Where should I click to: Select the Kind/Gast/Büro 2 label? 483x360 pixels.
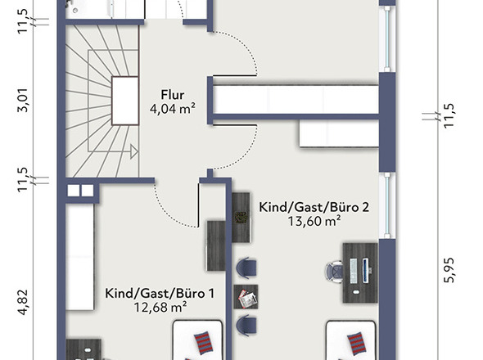[x=313, y=207]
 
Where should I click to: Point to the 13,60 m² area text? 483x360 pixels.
[x=314, y=221]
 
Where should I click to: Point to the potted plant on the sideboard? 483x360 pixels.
[x=241, y=217]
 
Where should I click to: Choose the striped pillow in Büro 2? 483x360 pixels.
[x=357, y=341]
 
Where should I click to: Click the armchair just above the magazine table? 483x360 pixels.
[x=246, y=268]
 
